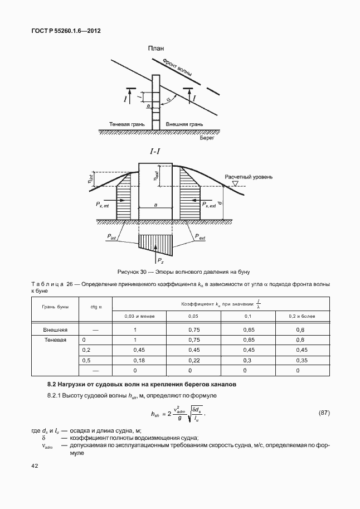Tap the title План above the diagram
click(156, 49)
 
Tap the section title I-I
click(155, 151)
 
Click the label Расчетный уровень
click(249, 177)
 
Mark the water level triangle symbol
click(235, 183)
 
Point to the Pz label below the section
click(160, 260)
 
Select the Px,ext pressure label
click(210, 205)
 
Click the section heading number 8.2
click(52, 385)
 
